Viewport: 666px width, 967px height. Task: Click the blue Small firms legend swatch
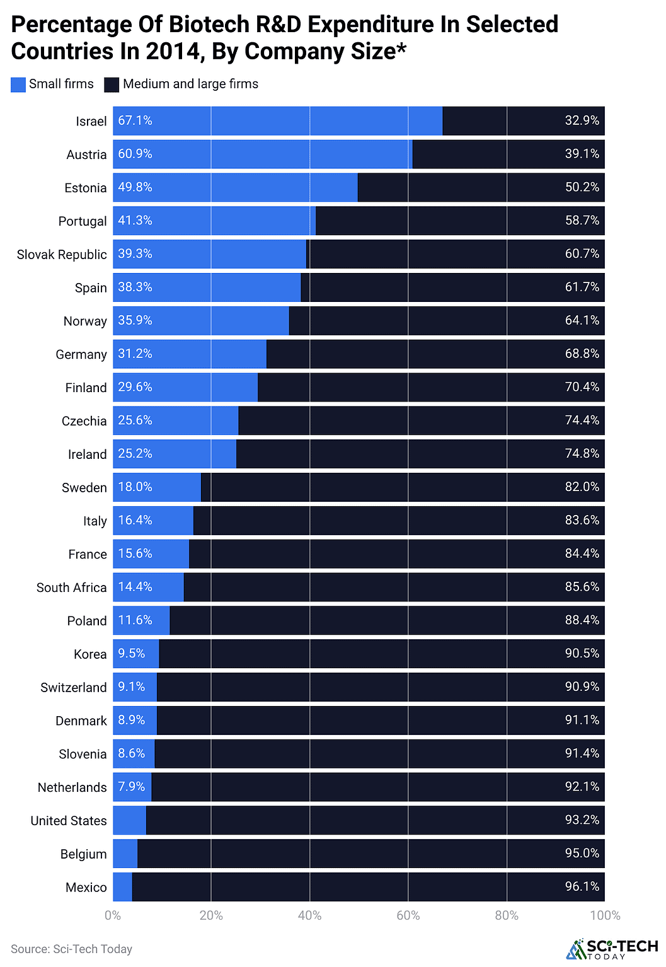click(x=18, y=84)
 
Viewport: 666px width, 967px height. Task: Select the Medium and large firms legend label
click(x=190, y=84)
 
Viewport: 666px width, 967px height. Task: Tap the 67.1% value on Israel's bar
click(x=135, y=120)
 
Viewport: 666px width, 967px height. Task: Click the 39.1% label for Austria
click(x=582, y=154)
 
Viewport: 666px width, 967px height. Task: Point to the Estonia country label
click(x=86, y=188)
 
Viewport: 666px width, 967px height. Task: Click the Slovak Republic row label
click(x=62, y=255)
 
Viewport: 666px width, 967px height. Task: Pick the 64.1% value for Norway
click(x=582, y=320)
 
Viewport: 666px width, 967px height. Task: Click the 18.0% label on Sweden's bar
click(x=135, y=487)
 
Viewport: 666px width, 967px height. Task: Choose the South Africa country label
click(x=71, y=588)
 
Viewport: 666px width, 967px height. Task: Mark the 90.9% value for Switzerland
click(x=582, y=686)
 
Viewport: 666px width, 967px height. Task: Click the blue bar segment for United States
click(x=129, y=820)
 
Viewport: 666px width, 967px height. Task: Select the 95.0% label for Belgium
click(x=582, y=854)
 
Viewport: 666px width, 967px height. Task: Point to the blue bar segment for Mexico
click(x=122, y=887)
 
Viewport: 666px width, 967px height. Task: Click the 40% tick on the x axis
click(x=309, y=915)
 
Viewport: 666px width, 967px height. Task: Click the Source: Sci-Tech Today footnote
click(x=71, y=949)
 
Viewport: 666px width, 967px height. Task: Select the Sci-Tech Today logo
click(x=612, y=949)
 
